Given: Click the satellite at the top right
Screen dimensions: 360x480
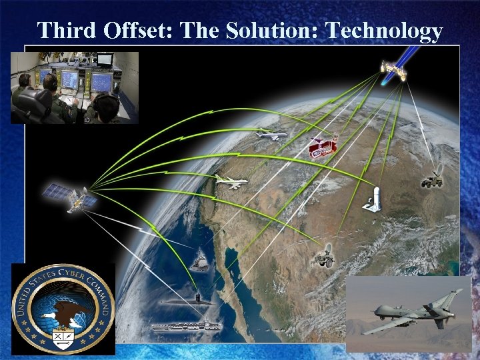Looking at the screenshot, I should pos(393,69).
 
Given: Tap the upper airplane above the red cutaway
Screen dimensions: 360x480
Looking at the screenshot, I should pos(271,135).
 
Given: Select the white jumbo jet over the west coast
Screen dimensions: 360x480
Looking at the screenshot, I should pos(231,181).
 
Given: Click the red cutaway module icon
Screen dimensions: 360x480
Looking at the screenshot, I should pos(323,148).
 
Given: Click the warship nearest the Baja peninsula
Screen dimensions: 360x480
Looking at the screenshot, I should pos(199,264).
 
